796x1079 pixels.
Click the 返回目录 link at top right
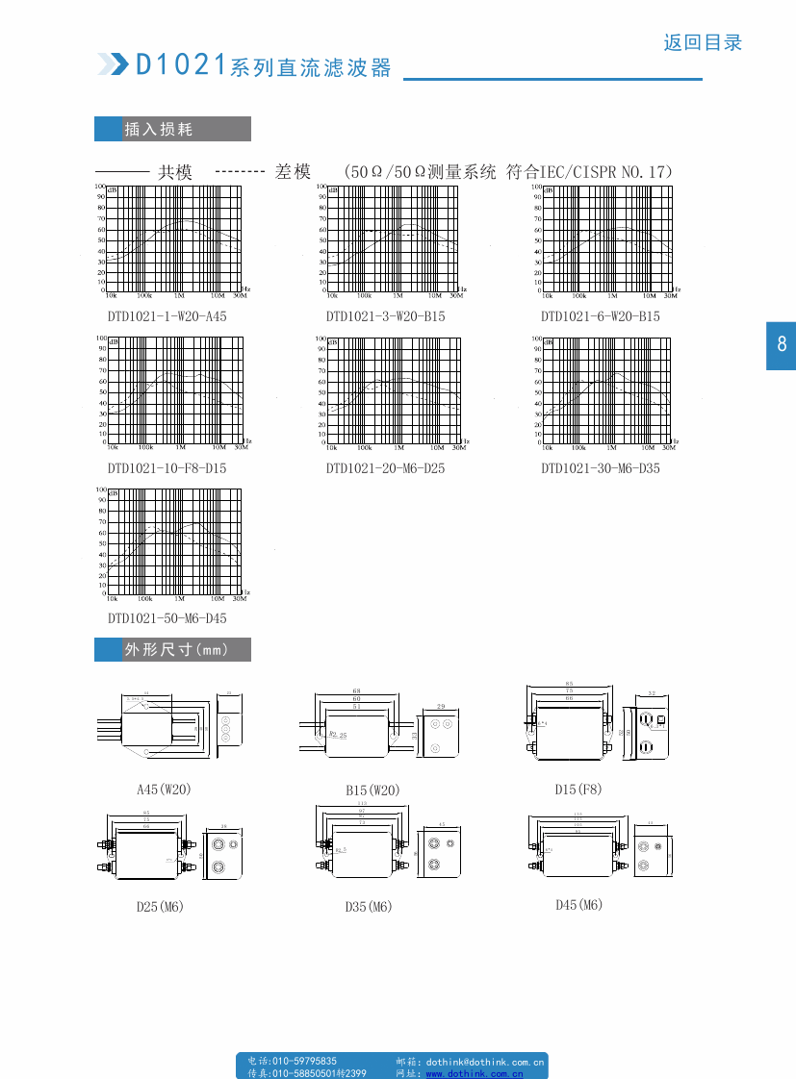point(703,42)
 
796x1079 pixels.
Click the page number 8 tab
point(781,344)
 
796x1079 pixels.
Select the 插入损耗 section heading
point(159,129)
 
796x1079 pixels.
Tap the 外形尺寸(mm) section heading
point(176,649)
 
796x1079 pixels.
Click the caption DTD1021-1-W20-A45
point(167,316)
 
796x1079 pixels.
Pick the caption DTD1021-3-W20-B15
point(385,316)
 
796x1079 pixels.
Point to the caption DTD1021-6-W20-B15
point(600,316)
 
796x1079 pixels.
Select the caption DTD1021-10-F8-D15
point(167,468)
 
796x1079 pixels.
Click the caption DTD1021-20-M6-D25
point(385,468)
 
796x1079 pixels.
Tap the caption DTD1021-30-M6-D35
point(600,468)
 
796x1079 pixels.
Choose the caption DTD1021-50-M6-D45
point(167,618)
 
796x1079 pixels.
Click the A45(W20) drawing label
point(164,790)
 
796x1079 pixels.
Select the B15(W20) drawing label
point(372,790)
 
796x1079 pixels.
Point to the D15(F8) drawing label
point(578,790)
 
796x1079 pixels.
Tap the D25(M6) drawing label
point(159,907)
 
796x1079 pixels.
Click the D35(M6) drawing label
point(369,907)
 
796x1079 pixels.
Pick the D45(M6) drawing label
point(578,905)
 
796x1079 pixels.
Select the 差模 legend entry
point(293,171)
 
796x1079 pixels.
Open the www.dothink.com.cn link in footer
point(475,1073)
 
